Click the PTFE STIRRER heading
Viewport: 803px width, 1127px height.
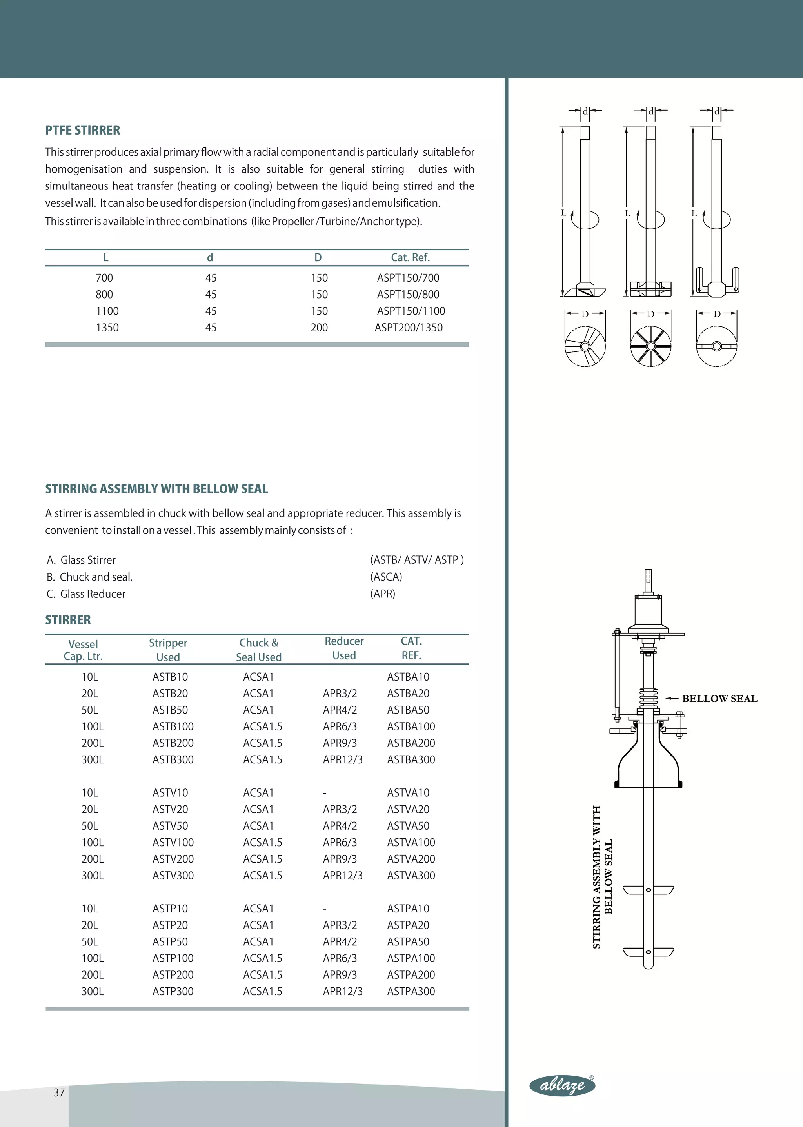coord(83,130)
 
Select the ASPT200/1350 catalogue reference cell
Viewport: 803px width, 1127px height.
coord(409,328)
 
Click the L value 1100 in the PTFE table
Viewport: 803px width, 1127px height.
coord(107,311)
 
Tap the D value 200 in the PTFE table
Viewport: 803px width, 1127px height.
coord(319,328)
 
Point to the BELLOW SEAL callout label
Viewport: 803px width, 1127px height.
coord(719,699)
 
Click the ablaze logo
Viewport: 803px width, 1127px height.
coord(562,1085)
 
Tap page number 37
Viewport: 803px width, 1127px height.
coord(59,1092)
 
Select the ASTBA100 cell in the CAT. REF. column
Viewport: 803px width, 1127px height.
coord(411,727)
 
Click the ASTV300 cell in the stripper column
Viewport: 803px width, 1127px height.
coord(173,876)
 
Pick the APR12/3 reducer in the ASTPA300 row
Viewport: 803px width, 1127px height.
coord(342,991)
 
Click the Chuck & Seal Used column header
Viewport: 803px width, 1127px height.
coord(259,650)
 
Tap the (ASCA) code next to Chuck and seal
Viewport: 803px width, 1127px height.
coord(386,577)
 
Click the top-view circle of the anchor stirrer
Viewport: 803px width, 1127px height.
coord(716,346)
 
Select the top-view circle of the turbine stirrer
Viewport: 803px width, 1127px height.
coord(651,346)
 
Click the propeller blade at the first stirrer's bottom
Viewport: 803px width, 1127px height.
coord(585,291)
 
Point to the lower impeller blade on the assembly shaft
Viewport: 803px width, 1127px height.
coord(648,951)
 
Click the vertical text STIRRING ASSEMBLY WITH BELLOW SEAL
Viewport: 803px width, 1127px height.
coord(602,877)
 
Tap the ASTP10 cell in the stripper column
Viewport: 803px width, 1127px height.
coord(170,909)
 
